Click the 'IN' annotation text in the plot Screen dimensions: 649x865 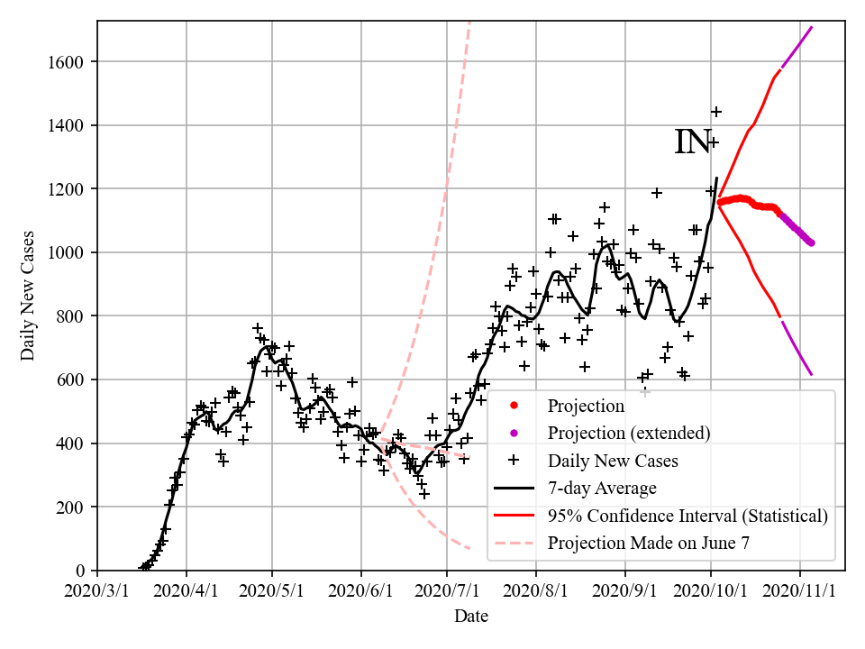692,142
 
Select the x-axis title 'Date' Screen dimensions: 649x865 471,617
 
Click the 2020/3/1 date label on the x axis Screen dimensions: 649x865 97,590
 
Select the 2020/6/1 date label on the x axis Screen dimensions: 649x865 361,590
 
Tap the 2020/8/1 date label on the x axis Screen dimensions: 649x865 536,590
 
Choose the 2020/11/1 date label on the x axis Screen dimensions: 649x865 800,590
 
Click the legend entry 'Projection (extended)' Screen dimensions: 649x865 629,434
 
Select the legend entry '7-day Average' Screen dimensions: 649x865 602,489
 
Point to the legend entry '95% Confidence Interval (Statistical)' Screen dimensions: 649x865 687,516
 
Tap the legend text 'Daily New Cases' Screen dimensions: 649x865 613,461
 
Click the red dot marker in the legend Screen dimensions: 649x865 514,406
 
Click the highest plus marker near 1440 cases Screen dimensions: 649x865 716,112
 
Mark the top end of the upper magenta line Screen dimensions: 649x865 812,27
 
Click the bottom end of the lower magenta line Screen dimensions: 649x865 812,375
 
